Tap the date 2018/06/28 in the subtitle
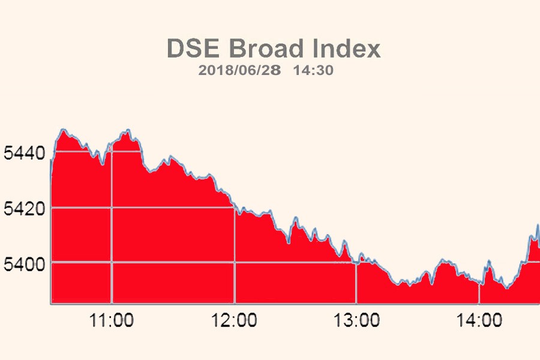tap(239, 70)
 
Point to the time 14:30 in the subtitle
tap(313, 70)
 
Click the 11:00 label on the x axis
tap(112, 321)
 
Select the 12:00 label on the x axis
tap(235, 321)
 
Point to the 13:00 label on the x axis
tap(356, 321)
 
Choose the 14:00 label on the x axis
tap(479, 321)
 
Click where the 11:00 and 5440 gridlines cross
tap(112, 152)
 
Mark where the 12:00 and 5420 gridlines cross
tap(234, 208)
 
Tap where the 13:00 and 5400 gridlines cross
tap(356, 263)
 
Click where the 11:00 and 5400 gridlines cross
tap(112, 263)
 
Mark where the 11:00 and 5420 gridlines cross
tap(112, 208)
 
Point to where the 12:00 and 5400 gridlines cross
tap(234, 263)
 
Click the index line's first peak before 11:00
tap(62, 129)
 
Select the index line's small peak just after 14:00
tap(489, 261)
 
